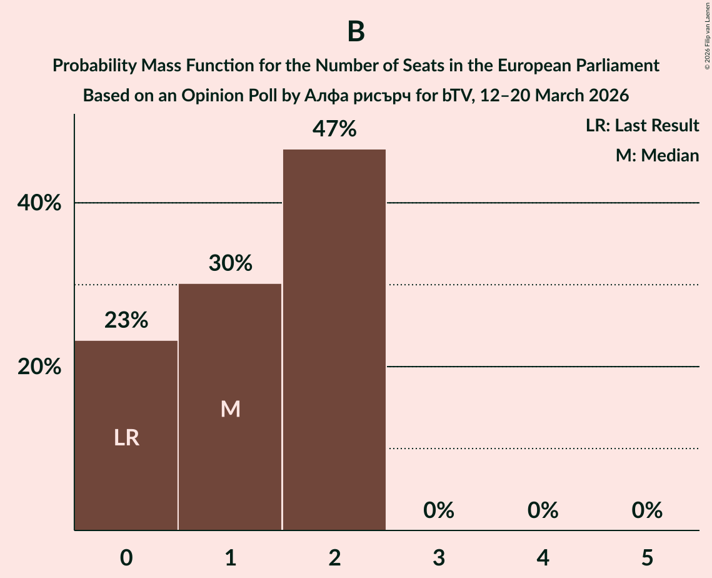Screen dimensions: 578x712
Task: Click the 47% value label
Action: click(x=334, y=129)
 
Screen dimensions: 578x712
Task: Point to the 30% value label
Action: click(x=230, y=263)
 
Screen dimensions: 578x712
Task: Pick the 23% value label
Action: click(x=126, y=320)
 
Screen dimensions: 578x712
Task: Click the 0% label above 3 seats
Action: click(x=438, y=510)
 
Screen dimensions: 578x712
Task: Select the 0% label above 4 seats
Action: click(x=543, y=510)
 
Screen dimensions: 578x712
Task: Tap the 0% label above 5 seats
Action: click(x=646, y=510)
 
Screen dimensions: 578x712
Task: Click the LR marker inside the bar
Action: click(x=126, y=438)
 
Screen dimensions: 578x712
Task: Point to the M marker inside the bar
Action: click(x=230, y=409)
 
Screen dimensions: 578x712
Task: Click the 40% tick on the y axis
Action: click(x=39, y=203)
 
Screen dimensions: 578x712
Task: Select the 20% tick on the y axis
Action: click(x=39, y=367)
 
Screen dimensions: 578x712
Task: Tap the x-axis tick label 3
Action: click(x=438, y=557)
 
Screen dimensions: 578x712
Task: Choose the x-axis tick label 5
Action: click(x=646, y=557)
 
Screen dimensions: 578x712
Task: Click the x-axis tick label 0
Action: click(x=126, y=557)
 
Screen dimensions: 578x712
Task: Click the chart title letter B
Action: click(x=356, y=32)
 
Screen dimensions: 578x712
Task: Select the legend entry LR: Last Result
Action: click(x=642, y=126)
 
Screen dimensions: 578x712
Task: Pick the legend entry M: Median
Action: click(x=656, y=155)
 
